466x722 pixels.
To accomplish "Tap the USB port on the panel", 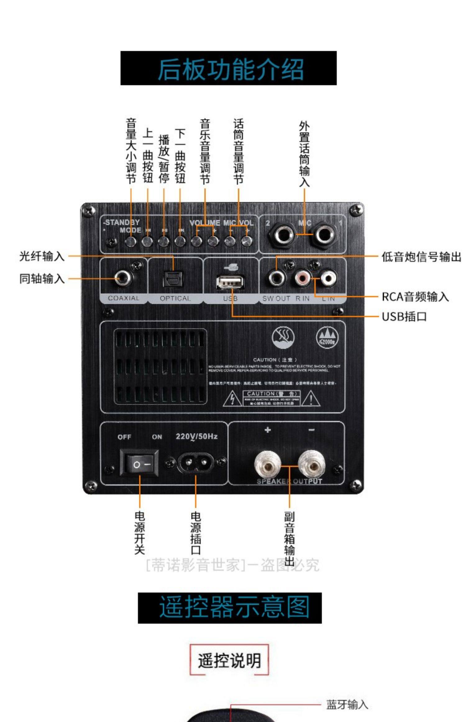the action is point(230,283).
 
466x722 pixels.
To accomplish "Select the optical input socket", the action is point(173,279).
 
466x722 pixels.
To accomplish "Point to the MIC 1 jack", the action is point(324,234).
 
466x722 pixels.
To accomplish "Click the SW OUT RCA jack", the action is point(276,278).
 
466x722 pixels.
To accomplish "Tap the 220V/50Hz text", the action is point(196,437).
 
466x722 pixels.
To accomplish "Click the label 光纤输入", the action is point(42,256).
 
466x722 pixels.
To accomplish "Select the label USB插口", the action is point(404,317).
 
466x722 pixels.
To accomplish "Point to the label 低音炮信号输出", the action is point(421,257).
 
